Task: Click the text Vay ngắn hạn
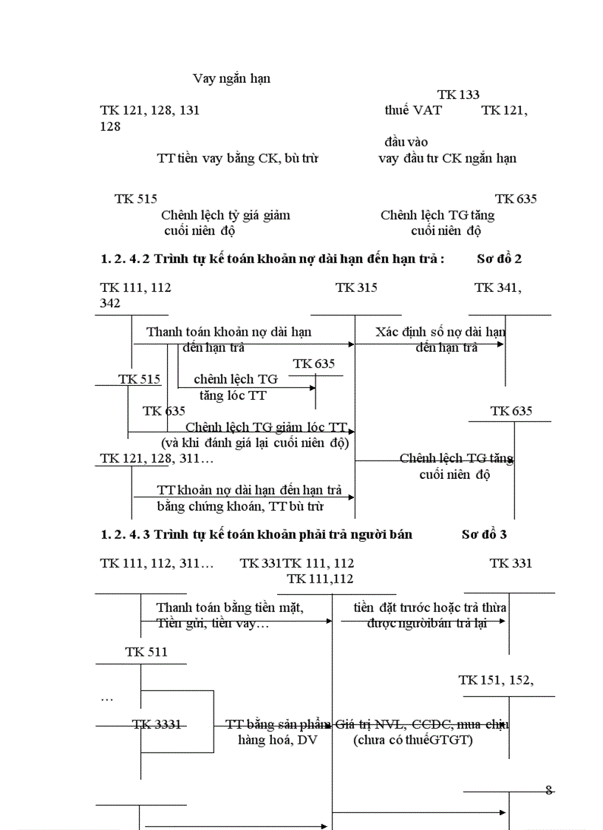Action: [231, 78]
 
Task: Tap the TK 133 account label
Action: [458, 95]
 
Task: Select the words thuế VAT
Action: [413, 111]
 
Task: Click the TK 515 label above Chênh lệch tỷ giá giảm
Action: [135, 199]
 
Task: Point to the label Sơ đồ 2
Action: [500, 259]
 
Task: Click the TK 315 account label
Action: [356, 288]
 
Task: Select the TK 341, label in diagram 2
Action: [497, 288]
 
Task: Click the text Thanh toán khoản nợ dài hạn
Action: [228, 332]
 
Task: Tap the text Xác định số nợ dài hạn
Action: [440, 332]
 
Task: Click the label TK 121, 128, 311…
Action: [157, 459]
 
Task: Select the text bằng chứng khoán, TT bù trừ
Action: [240, 506]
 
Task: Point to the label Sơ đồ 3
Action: [484, 534]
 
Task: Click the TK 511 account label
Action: [146, 652]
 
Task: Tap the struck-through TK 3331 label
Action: [157, 724]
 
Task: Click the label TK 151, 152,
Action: [495, 680]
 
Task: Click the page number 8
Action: [548, 789]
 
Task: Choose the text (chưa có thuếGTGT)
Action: [413, 740]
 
